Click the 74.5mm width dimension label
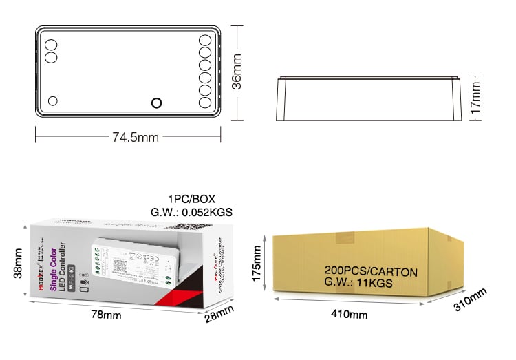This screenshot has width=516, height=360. [x=136, y=137]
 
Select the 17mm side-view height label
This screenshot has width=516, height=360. [x=475, y=98]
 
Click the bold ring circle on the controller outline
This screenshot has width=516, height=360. [x=156, y=103]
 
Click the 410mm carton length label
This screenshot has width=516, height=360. [x=349, y=315]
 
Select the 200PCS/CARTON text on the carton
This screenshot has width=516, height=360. [x=370, y=272]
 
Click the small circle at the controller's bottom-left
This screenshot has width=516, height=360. [x=53, y=101]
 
